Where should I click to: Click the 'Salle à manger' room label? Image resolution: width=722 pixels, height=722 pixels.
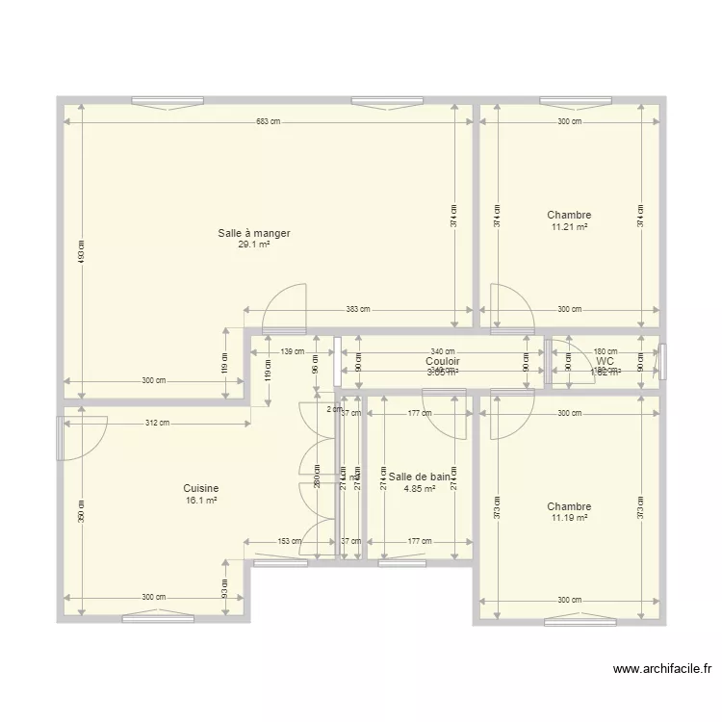(254, 233)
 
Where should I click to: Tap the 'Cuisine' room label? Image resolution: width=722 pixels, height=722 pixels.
(202, 488)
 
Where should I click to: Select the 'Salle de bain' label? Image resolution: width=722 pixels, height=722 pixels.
(419, 476)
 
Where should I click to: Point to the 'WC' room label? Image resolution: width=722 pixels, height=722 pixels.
(606, 361)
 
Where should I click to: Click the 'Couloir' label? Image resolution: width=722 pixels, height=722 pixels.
(443, 361)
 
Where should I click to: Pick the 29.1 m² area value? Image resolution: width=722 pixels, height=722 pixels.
(254, 245)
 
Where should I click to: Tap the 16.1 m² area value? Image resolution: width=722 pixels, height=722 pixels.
(202, 500)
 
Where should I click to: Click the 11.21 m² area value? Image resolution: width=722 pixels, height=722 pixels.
(569, 227)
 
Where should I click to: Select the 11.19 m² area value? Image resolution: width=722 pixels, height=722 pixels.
(569, 518)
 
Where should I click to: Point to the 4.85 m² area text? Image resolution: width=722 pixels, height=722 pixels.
(419, 488)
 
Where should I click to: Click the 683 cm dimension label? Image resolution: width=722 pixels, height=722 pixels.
(269, 121)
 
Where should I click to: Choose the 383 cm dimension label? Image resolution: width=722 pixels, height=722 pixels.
(358, 310)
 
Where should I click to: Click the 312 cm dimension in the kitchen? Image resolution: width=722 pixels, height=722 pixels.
(158, 423)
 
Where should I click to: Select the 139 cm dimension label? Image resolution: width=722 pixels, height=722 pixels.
(293, 352)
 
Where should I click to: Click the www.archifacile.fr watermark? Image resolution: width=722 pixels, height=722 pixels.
(661, 670)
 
